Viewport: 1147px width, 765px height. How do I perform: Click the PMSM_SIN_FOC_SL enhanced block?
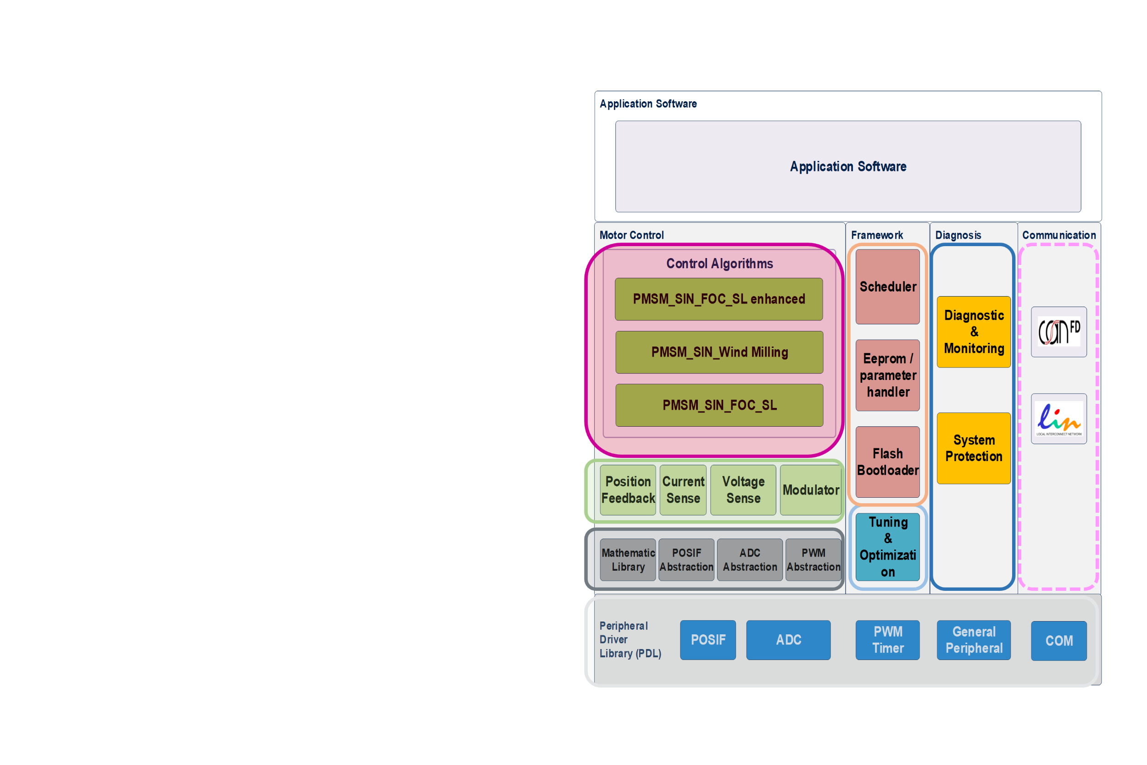pyautogui.click(x=718, y=299)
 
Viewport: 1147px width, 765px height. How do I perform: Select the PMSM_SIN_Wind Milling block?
pyautogui.click(x=719, y=352)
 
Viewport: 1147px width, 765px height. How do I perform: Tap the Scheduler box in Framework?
pyautogui.click(x=887, y=287)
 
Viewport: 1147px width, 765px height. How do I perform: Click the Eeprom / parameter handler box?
pyautogui.click(x=887, y=375)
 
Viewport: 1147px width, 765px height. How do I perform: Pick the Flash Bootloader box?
pyautogui.click(x=887, y=462)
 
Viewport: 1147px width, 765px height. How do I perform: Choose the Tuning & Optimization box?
pyautogui.click(x=887, y=547)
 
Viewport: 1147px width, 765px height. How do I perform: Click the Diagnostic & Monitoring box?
pyautogui.click(x=974, y=332)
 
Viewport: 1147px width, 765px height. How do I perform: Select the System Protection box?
pyautogui.click(x=974, y=448)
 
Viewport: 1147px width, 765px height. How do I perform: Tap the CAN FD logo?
pyautogui.click(x=1058, y=332)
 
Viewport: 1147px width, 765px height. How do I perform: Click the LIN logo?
pyautogui.click(x=1058, y=418)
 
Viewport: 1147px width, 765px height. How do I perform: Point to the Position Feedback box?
pyautogui.click(x=628, y=490)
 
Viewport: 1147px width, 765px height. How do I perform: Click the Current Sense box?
pyautogui.click(x=683, y=490)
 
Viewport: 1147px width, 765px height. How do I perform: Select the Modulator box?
pyautogui.click(x=811, y=490)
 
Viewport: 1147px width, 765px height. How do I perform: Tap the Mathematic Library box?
pyautogui.click(x=628, y=560)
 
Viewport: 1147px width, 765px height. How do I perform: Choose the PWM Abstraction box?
pyautogui.click(x=813, y=560)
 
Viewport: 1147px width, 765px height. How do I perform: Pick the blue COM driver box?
pyautogui.click(x=1058, y=641)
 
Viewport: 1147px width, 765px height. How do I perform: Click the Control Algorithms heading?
pyautogui.click(x=719, y=264)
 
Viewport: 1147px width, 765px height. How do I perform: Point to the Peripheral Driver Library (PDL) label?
pyautogui.click(x=630, y=639)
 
